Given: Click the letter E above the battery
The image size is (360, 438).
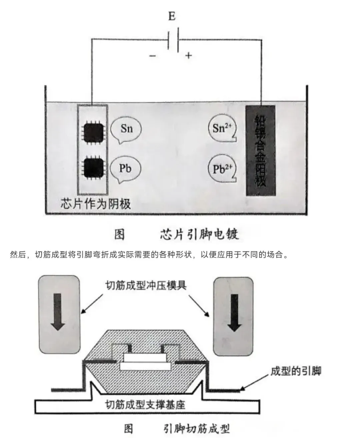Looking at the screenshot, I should point(172,16).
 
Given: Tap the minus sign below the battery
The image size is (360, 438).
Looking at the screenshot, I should point(152,56).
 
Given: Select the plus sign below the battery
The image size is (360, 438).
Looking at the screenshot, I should point(189,55).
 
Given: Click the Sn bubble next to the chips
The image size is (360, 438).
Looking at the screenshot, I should point(126,129).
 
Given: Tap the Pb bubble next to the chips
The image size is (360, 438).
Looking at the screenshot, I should point(125,168).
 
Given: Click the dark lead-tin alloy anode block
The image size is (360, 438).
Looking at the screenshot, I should point(260,151).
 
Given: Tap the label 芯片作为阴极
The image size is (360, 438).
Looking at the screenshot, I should point(96,203).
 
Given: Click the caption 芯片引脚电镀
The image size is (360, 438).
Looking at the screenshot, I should point(199,234).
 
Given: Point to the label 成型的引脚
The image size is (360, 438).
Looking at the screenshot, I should point(296,371).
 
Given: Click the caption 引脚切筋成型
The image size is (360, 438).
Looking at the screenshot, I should point(197,428).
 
